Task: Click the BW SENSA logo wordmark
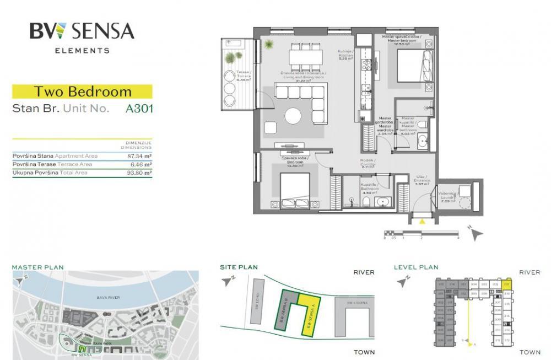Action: click(x=82, y=31)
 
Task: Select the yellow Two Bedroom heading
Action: click(x=82, y=92)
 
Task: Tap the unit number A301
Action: click(x=139, y=108)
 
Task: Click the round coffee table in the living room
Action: click(x=293, y=116)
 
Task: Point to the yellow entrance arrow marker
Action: click(x=422, y=222)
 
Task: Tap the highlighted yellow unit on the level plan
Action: click(x=507, y=284)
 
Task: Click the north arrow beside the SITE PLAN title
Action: click(x=228, y=281)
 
